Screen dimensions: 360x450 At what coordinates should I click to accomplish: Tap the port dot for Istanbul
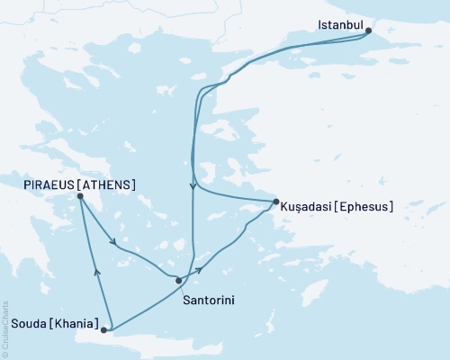(x=368, y=31)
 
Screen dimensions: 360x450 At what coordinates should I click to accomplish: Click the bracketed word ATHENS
(x=108, y=184)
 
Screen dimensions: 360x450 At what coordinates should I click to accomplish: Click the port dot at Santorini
(x=178, y=281)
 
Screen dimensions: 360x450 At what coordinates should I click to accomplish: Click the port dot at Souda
(x=104, y=330)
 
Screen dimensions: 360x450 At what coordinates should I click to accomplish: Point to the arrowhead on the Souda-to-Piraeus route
(x=96, y=268)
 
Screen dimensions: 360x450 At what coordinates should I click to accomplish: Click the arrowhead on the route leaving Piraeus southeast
(x=112, y=241)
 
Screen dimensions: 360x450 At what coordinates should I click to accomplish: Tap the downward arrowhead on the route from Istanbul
(x=193, y=187)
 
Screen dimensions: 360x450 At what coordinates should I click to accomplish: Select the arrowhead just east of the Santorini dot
(x=200, y=268)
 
